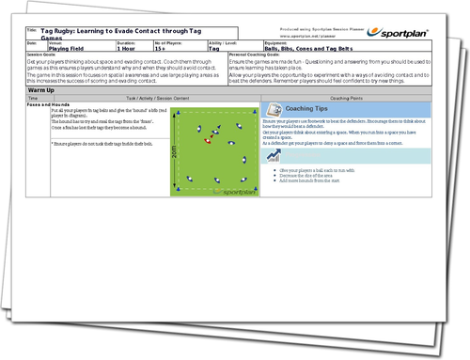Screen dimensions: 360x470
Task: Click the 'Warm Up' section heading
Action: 42,91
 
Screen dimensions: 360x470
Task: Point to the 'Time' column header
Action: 34,98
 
